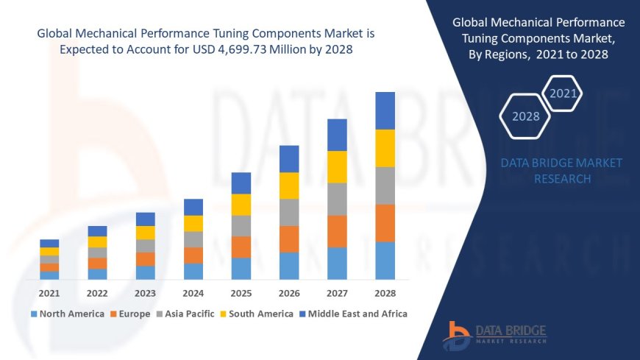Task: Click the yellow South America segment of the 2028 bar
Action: click(385, 148)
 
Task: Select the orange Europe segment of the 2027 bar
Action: click(337, 231)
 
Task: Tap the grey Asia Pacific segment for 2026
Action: click(289, 212)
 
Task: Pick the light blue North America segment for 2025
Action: click(241, 268)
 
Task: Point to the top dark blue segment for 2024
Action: click(193, 207)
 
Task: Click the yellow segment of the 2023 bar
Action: click(146, 233)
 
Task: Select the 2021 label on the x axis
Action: click(49, 292)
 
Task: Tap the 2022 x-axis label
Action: click(97, 292)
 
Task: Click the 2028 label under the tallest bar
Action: click(385, 292)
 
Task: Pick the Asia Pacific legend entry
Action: click(186, 314)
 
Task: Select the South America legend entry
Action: click(257, 314)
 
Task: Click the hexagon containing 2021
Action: click(563, 93)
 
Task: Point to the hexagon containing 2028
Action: click(525, 116)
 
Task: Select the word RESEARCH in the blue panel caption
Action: click(562, 179)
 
